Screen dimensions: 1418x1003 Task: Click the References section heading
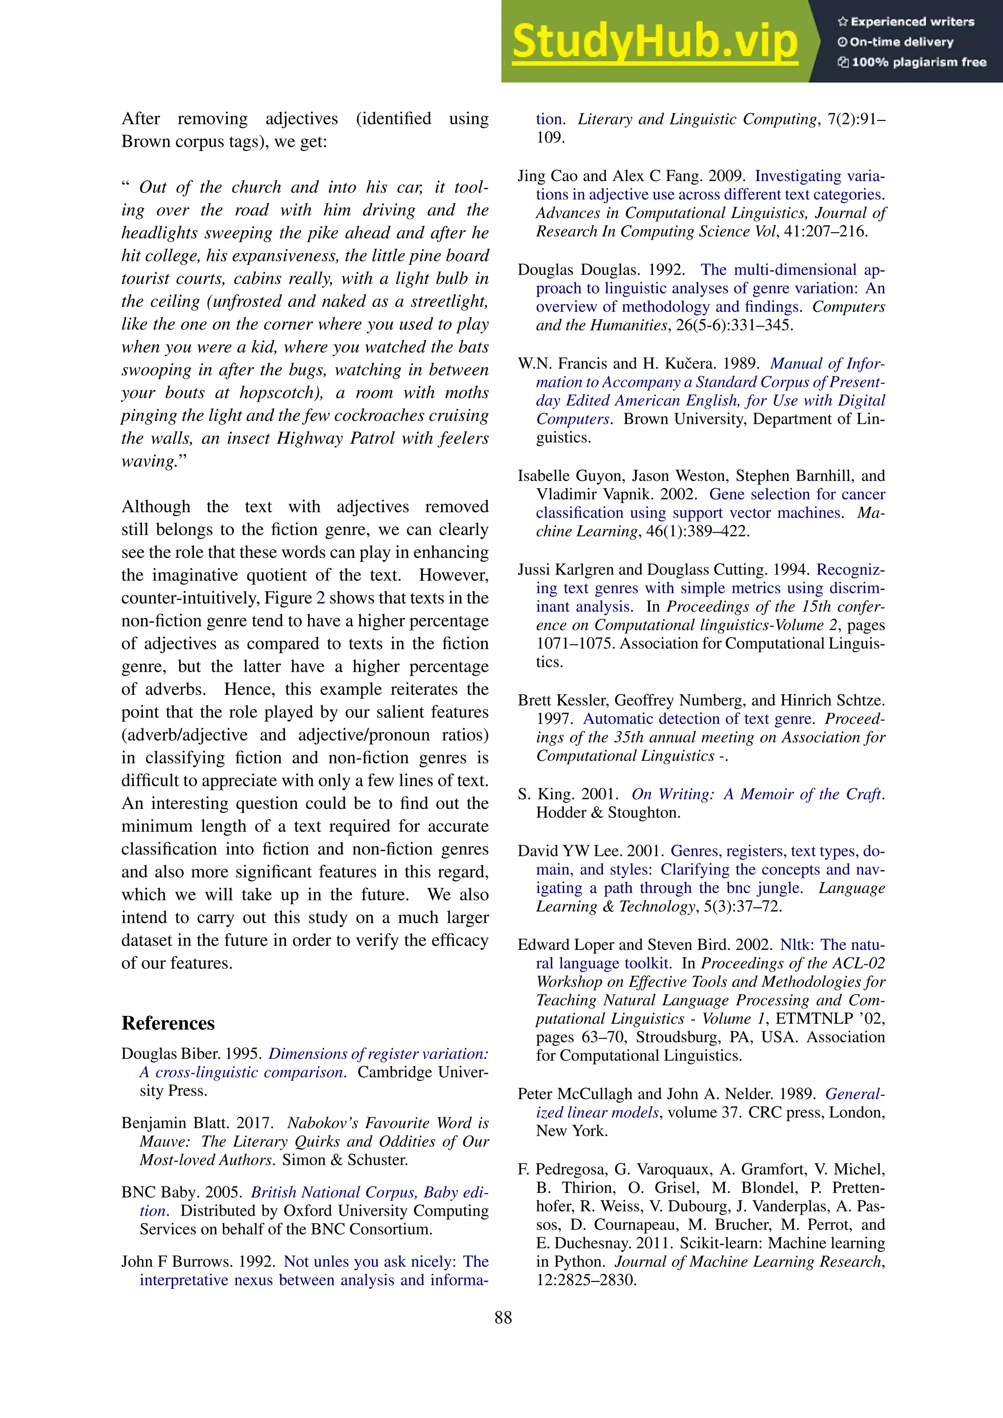click(x=168, y=1023)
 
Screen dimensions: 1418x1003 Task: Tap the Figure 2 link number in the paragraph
click(x=321, y=598)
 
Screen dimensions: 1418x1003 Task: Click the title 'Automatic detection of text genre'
click(x=697, y=719)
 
